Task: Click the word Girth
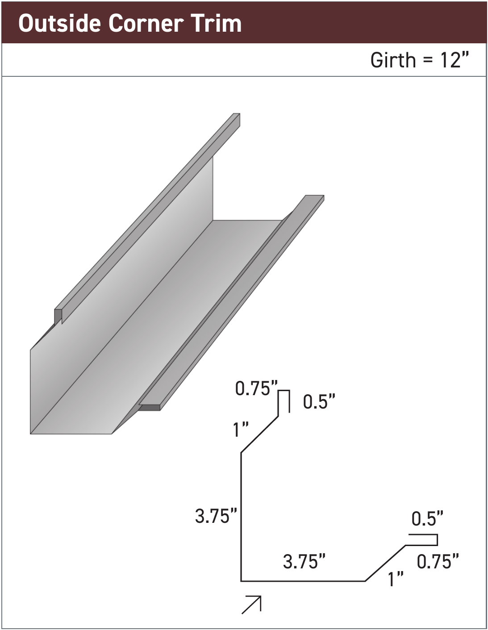(x=393, y=60)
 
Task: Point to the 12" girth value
(x=455, y=60)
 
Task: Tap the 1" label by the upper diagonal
(x=241, y=430)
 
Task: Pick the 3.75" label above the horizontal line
(x=304, y=561)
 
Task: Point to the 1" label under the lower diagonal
(x=396, y=579)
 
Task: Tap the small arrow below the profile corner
(x=252, y=605)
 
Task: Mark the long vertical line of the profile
(x=241, y=518)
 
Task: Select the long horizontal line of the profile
(x=304, y=581)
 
